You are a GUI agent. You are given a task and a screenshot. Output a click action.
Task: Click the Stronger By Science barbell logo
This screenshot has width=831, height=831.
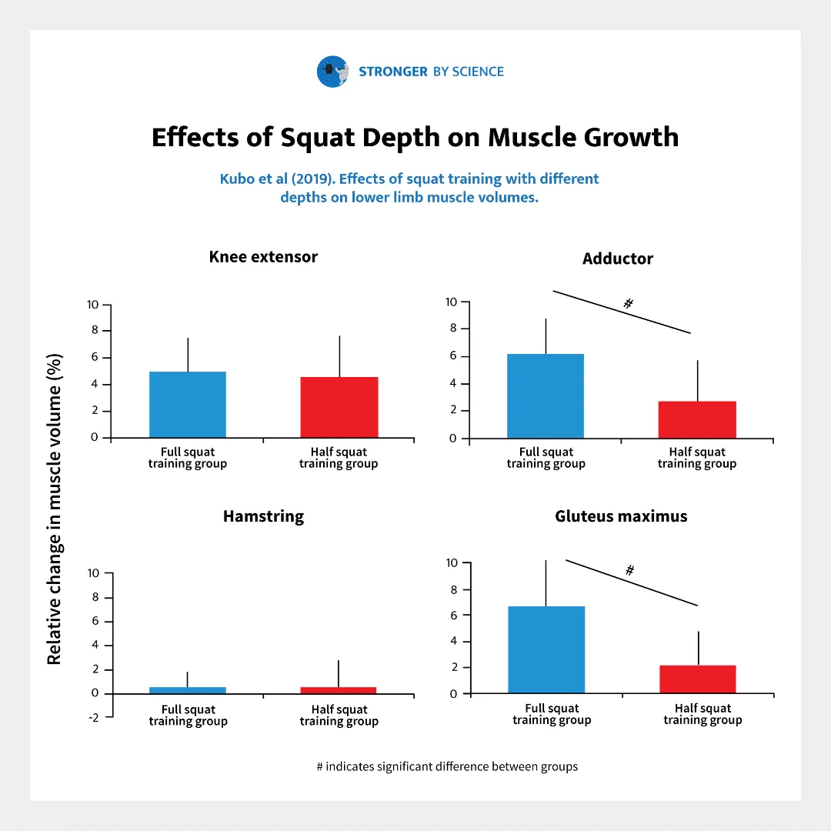click(x=332, y=72)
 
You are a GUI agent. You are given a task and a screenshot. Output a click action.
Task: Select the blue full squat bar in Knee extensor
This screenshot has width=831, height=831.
click(x=187, y=405)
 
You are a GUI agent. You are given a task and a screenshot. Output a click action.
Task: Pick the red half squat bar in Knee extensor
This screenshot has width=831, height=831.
click(x=339, y=407)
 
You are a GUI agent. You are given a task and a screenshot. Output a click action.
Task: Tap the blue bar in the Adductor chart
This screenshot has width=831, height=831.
click(x=546, y=396)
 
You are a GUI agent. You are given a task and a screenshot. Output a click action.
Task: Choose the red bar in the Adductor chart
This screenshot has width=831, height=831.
click(x=697, y=419)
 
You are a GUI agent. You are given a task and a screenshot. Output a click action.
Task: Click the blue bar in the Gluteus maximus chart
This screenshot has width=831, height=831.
click(x=546, y=650)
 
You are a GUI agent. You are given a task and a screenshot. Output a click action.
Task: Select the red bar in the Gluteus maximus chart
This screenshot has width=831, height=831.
click(x=697, y=679)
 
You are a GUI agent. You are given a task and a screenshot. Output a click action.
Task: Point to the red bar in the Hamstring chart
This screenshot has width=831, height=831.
click(x=339, y=690)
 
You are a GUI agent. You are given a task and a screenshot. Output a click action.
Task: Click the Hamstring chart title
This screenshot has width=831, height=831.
click(x=263, y=516)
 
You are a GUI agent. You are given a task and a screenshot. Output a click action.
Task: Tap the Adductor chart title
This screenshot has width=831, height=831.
click(x=618, y=259)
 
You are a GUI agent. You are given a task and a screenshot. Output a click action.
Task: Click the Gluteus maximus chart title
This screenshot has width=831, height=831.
click(x=621, y=516)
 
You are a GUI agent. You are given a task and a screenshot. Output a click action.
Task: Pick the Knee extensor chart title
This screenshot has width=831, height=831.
click(x=263, y=257)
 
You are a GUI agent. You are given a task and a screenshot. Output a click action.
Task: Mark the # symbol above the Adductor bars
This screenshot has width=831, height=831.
click(x=628, y=304)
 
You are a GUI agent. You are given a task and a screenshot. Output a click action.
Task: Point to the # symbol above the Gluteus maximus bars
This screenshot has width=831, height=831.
click(x=629, y=570)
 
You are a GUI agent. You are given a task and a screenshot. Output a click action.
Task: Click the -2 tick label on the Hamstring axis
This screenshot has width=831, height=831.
click(x=94, y=717)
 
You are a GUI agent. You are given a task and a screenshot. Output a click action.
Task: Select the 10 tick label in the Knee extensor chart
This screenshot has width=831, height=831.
click(x=93, y=305)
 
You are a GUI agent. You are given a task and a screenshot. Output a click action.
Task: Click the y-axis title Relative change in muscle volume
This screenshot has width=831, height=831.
click(x=54, y=509)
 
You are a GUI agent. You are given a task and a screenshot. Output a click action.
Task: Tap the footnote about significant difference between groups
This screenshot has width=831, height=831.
click(x=446, y=766)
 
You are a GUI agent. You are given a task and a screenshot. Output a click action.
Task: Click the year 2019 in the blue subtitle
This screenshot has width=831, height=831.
click(x=312, y=179)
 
